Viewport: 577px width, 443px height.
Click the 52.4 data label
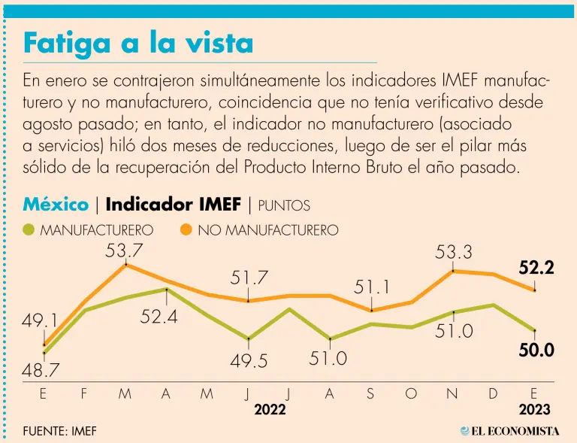coord(159,317)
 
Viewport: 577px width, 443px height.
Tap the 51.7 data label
coord(249,278)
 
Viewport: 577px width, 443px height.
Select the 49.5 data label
coord(249,361)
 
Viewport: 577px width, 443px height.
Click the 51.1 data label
coord(373,288)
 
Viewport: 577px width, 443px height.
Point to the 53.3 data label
coord(454,253)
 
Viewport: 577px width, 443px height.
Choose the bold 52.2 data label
coord(536,267)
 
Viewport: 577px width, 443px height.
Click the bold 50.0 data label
coord(536,350)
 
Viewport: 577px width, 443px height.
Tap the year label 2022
coord(270,410)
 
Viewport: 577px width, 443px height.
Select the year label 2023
coord(534,410)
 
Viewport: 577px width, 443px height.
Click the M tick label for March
coord(125,394)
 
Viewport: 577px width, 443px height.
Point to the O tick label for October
coord(411,394)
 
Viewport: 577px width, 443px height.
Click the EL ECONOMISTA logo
coord(510,431)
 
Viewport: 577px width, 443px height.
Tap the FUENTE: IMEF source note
coord(60,431)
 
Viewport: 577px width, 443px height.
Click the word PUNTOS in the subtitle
coord(284,205)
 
